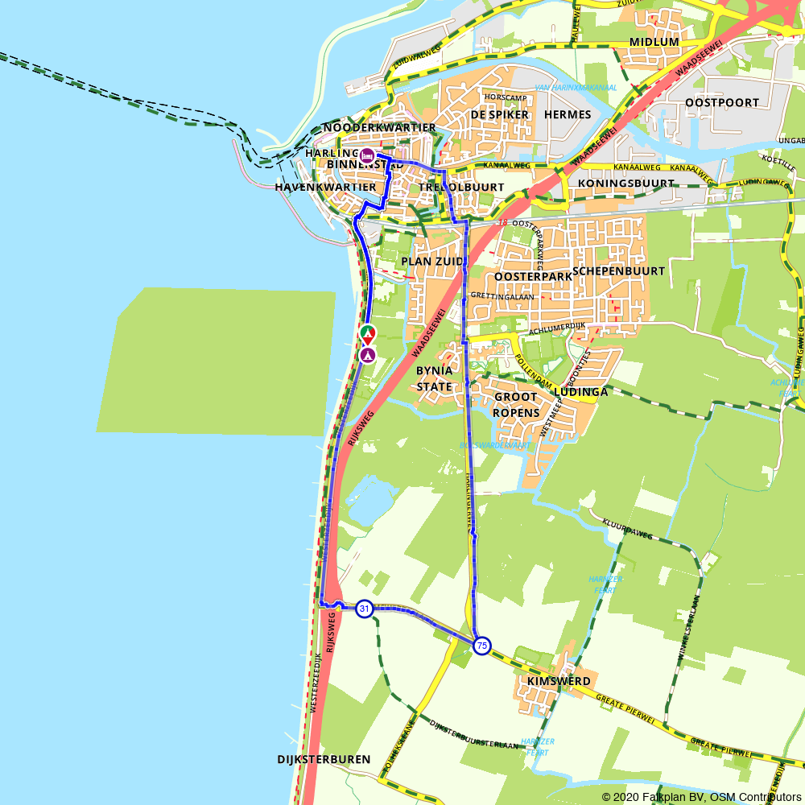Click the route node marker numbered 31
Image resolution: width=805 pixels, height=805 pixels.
click(365, 609)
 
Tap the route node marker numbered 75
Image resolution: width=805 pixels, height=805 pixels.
click(481, 645)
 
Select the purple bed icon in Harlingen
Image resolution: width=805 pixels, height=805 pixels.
click(366, 155)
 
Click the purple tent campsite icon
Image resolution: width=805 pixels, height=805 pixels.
click(368, 354)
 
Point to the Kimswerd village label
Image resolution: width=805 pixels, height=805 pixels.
click(559, 681)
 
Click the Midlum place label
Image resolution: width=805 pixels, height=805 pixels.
click(654, 42)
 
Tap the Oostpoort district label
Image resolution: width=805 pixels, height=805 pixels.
click(722, 102)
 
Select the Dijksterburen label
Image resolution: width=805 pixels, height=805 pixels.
click(324, 759)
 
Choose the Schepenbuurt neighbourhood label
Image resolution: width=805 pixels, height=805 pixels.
click(619, 270)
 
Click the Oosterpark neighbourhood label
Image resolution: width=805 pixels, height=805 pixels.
click(533, 276)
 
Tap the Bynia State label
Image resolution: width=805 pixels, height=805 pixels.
click(435, 378)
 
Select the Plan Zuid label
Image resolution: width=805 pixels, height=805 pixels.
click(432, 262)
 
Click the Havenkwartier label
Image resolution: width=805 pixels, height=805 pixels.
click(325, 187)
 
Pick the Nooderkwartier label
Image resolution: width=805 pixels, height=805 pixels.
click(379, 127)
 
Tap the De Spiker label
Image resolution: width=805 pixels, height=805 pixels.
click(499, 114)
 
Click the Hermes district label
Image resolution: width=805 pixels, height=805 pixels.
click(568, 114)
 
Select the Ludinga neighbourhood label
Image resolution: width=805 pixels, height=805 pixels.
click(580, 391)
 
